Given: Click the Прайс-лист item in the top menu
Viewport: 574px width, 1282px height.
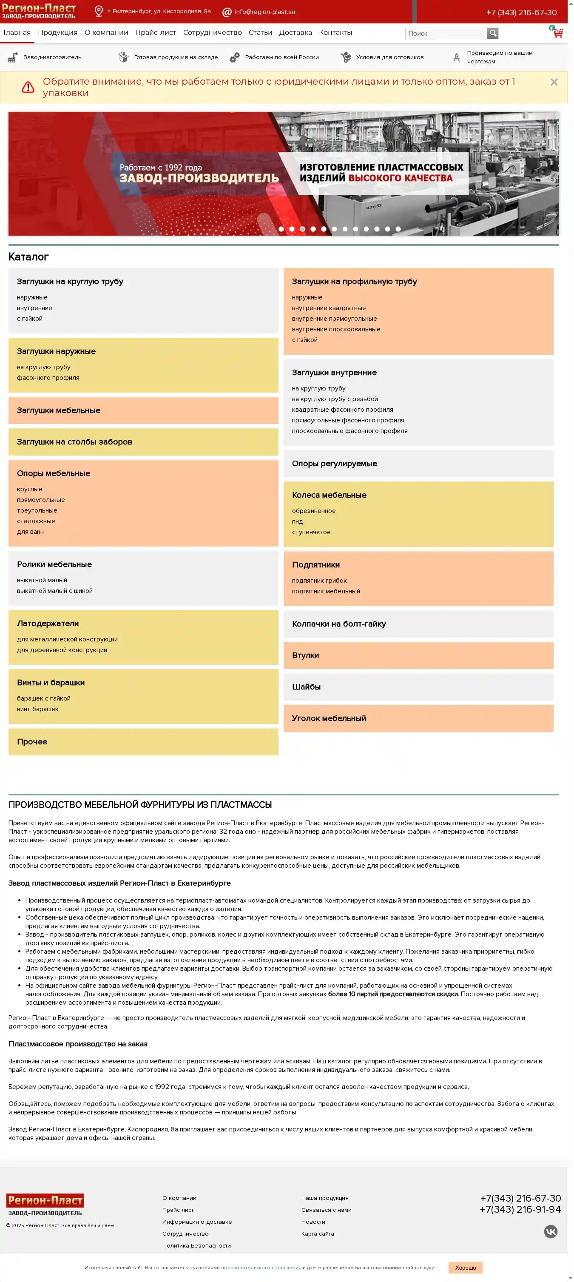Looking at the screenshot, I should click(155, 33).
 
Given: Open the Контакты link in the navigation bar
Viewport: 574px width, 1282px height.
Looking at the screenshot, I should click(335, 33).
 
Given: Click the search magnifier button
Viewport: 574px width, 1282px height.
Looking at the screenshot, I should click(492, 33).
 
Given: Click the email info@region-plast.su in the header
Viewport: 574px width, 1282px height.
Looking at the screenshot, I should click(264, 12).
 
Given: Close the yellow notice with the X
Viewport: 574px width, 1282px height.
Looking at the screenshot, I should click(554, 82).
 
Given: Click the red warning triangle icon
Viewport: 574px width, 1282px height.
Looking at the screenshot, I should click(28, 87).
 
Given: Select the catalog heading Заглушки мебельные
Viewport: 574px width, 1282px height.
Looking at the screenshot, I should click(59, 410).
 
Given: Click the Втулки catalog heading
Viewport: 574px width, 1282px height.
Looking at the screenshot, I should click(305, 655).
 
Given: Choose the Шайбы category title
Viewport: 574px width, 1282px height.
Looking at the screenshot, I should click(306, 687).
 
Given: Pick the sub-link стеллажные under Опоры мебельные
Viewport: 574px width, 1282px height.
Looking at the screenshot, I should click(36, 521).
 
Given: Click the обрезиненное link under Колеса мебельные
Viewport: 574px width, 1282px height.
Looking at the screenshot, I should click(313, 510).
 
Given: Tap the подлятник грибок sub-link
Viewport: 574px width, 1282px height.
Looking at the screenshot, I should click(319, 580).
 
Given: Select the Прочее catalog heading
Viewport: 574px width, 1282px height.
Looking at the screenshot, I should click(32, 741).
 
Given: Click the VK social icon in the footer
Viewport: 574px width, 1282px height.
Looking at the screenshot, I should click(550, 1231).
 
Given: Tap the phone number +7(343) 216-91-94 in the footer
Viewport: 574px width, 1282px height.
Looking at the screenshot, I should click(520, 1209).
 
